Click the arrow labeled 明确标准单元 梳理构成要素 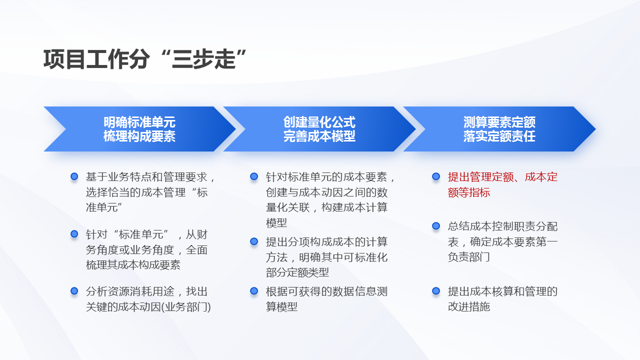(139, 129)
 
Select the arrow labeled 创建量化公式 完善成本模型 (319, 129)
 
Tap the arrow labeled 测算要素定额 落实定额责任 (499, 129)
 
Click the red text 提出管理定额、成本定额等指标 (502, 184)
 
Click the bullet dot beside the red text (436, 176)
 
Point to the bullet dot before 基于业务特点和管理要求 (74, 176)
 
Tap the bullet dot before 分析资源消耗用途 (74, 291)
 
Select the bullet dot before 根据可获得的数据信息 (254, 291)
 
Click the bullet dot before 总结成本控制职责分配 (436, 226)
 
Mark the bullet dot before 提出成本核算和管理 (436, 291)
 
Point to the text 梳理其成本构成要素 (133, 264)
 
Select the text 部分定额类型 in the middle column (297, 272)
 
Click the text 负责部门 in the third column (469, 257)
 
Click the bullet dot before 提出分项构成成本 (254, 241)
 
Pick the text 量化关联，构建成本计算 (326, 207)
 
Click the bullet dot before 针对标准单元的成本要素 (254, 176)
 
